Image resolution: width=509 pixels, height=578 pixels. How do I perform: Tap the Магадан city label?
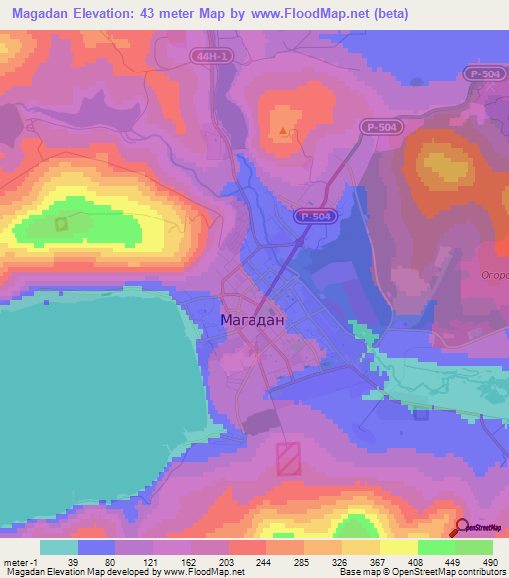[x=252, y=320]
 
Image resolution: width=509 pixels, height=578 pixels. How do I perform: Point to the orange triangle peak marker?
[x=285, y=130]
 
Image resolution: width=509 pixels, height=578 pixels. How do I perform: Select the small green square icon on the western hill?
[x=60, y=224]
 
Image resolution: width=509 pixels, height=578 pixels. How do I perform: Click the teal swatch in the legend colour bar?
[x=59, y=547]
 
